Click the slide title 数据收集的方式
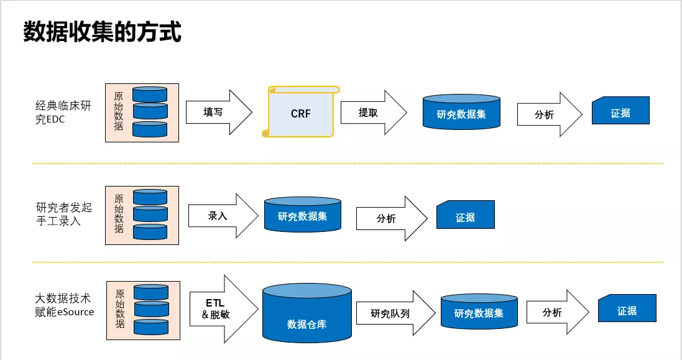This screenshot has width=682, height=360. pyautogui.click(x=102, y=32)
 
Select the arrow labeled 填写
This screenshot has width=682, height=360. pyautogui.click(x=219, y=112)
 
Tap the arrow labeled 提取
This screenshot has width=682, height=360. pyautogui.click(x=374, y=113)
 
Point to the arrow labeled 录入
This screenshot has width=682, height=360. pyautogui.click(x=223, y=216)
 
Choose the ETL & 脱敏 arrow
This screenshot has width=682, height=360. pyautogui.click(x=224, y=309)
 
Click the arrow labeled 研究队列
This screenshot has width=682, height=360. pyautogui.click(x=396, y=313)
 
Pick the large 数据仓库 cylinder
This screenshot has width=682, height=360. pyautogui.click(x=307, y=313)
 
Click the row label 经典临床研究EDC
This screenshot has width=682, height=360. pyautogui.click(x=63, y=112)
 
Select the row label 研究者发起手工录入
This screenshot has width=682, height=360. pyautogui.click(x=64, y=214)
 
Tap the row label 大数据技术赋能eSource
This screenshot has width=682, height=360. pyautogui.click(x=65, y=305)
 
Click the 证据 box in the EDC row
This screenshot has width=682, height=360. pyautogui.click(x=620, y=111)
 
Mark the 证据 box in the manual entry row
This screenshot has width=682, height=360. pyautogui.click(x=466, y=215)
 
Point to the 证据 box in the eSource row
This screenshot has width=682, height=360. pyautogui.click(x=627, y=308)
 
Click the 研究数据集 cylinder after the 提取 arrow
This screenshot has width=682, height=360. pyautogui.click(x=461, y=112)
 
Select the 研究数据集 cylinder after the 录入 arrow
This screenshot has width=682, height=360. pyautogui.click(x=303, y=215)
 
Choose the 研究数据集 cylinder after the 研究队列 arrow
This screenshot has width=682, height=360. pyautogui.click(x=479, y=311)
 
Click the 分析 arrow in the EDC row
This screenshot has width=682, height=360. pyautogui.click(x=550, y=114)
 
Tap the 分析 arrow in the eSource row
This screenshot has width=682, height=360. pyautogui.click(x=558, y=312)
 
